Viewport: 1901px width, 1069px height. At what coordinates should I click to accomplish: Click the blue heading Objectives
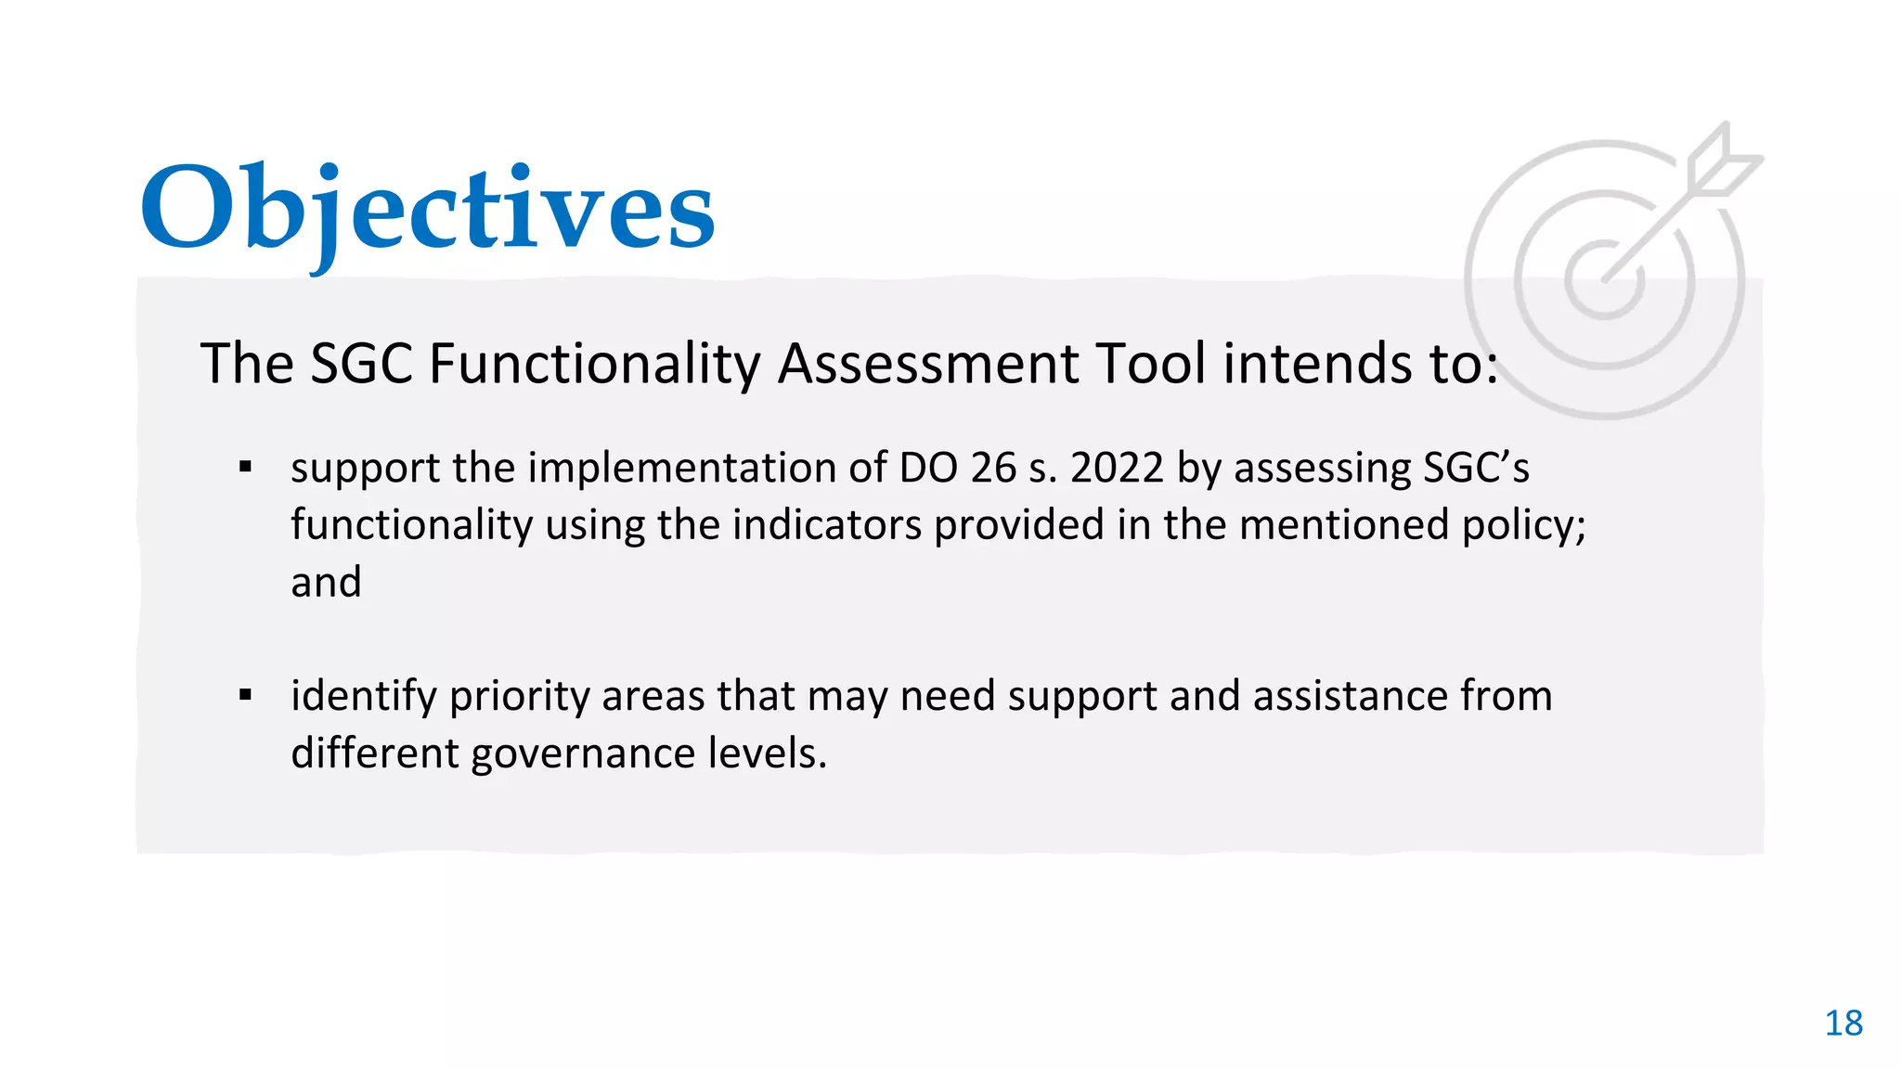click(427, 209)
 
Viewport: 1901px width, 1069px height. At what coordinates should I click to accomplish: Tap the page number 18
click(1843, 1023)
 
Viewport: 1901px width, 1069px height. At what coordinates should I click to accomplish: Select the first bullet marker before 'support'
click(245, 467)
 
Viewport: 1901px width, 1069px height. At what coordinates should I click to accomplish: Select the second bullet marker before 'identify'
click(245, 695)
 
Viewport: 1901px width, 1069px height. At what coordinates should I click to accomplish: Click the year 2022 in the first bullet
click(1117, 467)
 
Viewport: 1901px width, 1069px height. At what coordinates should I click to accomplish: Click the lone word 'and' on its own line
click(326, 582)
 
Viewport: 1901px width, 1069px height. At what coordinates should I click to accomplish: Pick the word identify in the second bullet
click(363, 697)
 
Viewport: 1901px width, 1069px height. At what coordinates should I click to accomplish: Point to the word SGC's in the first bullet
click(1476, 467)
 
